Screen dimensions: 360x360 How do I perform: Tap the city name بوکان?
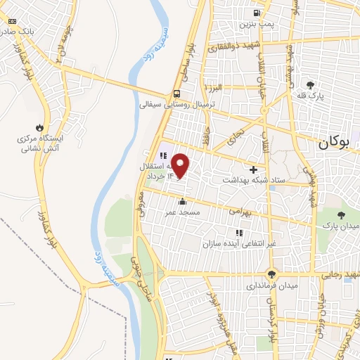pos(333,141)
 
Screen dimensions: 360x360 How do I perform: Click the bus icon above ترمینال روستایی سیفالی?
pos(176,94)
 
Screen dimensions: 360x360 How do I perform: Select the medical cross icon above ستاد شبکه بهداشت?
pos(253,169)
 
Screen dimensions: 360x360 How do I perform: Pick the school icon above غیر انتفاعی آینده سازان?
pos(239,233)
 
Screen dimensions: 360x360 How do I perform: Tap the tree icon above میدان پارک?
pos(342,215)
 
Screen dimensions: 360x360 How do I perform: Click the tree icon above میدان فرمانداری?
pos(271,275)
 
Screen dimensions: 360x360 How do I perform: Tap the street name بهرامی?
pos(238,210)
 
